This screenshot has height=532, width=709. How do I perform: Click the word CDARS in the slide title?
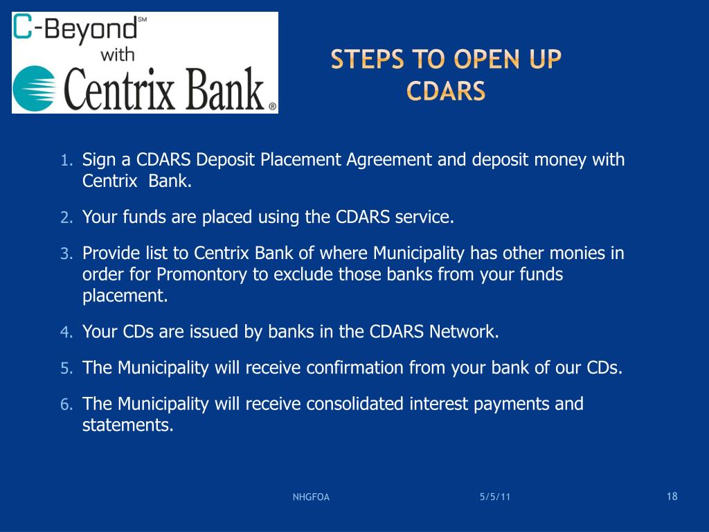[x=446, y=91]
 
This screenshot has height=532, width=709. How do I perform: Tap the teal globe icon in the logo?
[x=35, y=89]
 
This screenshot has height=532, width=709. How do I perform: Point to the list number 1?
[x=66, y=161]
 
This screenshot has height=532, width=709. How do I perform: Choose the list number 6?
[x=66, y=405]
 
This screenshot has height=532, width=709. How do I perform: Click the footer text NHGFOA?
[x=311, y=497]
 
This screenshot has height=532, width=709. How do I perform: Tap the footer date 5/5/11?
[x=494, y=497]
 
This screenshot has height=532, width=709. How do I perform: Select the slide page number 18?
[x=672, y=496]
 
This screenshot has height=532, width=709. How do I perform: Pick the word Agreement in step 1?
[x=389, y=160]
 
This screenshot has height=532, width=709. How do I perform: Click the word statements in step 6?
[x=127, y=425]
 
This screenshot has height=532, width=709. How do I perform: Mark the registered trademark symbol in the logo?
[x=272, y=107]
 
